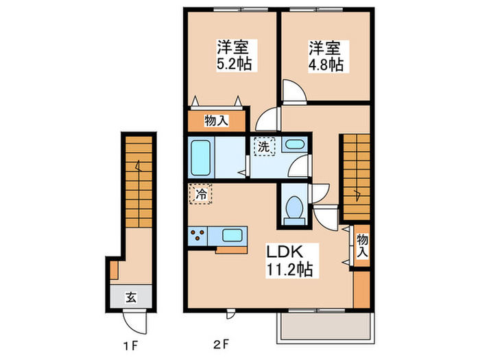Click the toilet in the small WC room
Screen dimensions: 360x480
pos(294,208)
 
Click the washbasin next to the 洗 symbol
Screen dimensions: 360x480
pos(294,145)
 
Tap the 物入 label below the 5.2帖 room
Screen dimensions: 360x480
pos(217,121)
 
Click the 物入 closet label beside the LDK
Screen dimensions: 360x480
pos(362,245)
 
